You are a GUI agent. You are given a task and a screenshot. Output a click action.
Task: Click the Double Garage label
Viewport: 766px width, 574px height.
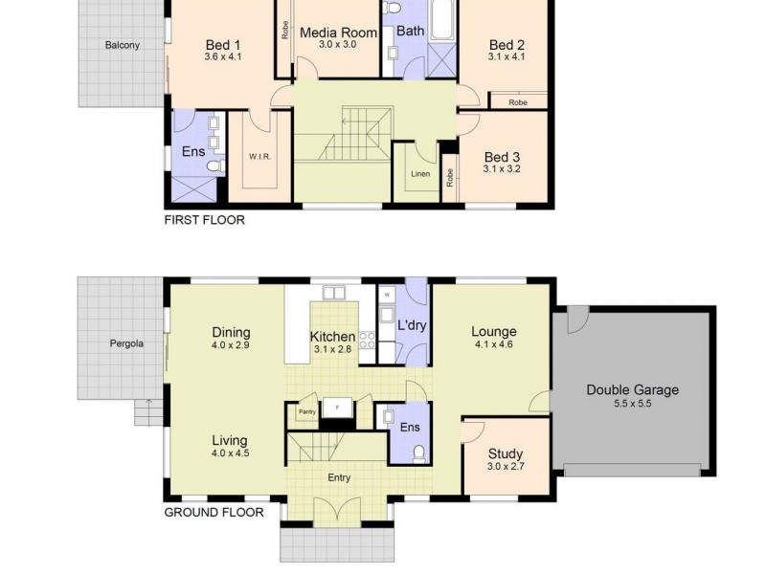632,389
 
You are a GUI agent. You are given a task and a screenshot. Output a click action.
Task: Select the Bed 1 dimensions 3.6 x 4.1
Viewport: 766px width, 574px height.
222,57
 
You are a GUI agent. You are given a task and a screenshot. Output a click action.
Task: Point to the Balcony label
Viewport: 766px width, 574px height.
123,45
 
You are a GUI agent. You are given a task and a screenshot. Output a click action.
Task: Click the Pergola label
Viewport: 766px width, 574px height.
125,343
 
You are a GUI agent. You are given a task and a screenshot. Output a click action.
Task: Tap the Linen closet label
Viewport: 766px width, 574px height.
419,173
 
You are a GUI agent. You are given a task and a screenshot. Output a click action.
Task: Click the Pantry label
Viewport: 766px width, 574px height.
306,412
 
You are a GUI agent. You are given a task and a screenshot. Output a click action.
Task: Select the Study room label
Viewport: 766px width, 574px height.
505,453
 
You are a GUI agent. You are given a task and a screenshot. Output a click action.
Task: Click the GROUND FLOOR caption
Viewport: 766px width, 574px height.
214,512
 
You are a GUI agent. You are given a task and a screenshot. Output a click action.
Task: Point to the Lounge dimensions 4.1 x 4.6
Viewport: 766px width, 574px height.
493,345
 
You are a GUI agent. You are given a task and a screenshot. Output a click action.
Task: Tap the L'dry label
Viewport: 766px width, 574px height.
412,325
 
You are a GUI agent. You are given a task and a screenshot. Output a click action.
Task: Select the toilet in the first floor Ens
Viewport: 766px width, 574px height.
214,166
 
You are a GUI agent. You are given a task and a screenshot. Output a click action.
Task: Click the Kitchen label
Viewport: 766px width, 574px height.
332,337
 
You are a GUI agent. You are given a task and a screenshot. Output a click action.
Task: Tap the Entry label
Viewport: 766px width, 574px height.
339,477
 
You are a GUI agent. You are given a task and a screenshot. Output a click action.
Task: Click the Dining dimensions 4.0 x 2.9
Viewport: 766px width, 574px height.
231,345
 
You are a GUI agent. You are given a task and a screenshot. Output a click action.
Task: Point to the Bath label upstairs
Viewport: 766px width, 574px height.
410,31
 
